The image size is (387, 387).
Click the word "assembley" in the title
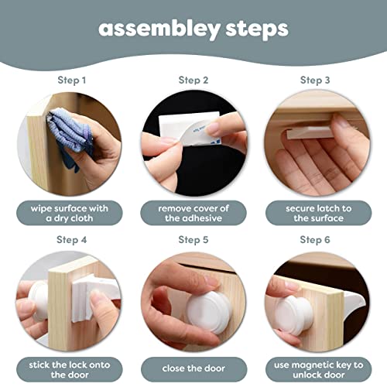159,29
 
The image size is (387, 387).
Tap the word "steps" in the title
257,29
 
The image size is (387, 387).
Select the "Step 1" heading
71,80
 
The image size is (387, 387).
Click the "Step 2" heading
193,80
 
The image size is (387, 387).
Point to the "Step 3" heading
315,80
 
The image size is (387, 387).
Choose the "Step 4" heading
71,240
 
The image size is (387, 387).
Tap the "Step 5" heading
193,240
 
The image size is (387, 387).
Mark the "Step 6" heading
315,240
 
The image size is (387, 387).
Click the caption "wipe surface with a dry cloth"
70,213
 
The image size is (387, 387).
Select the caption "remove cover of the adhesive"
193,213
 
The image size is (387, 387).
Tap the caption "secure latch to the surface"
319,213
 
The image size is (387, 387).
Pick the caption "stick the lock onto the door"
70,370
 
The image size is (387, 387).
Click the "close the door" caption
193,368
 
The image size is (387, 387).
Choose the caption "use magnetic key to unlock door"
319,370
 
